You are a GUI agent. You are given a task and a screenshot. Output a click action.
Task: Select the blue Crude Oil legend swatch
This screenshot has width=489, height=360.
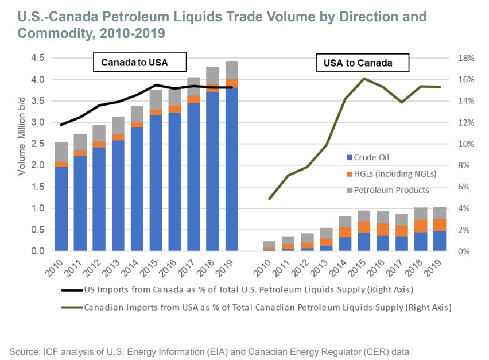click(x=349, y=157)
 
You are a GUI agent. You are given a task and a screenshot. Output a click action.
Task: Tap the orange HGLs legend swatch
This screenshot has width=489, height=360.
click(x=349, y=173)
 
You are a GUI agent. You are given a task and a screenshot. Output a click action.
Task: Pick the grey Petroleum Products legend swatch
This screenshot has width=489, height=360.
click(x=349, y=190)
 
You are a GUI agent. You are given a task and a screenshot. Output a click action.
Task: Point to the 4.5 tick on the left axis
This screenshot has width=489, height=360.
click(x=38, y=58)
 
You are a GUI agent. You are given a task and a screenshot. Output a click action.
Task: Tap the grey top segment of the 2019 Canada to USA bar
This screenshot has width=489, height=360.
click(x=231, y=70)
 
